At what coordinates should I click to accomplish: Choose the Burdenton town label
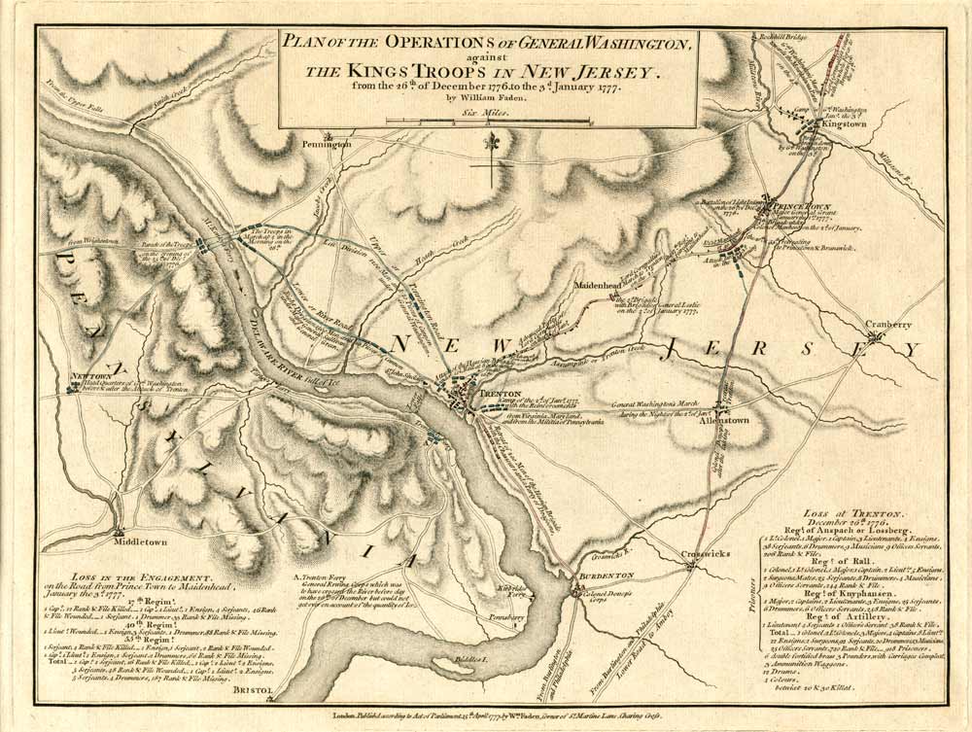click(607, 575)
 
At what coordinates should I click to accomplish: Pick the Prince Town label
click(799, 206)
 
